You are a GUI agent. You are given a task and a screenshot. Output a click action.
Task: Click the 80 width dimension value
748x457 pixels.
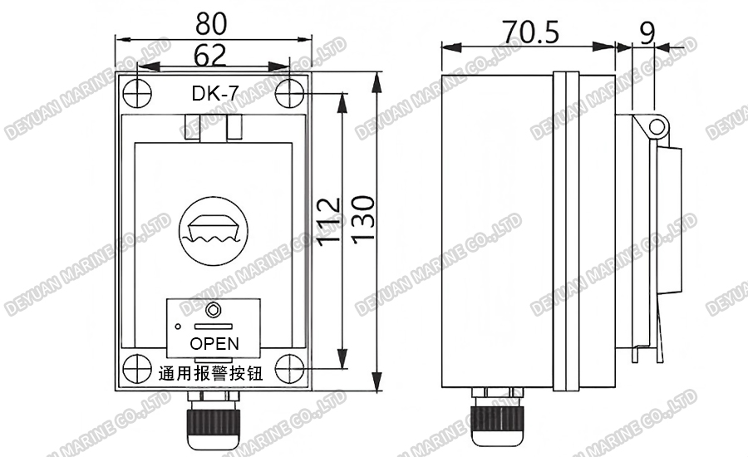214,23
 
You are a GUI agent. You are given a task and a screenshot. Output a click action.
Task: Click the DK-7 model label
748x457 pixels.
214,94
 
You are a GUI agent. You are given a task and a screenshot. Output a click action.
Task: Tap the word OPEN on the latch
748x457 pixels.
214,343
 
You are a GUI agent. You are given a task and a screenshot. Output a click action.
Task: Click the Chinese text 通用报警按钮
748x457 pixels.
210,373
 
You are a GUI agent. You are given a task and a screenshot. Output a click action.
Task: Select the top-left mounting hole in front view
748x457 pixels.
138,92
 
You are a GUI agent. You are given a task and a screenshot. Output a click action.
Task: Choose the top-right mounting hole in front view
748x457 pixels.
288,93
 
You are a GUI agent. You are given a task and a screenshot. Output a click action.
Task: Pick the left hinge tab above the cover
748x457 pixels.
192,127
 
